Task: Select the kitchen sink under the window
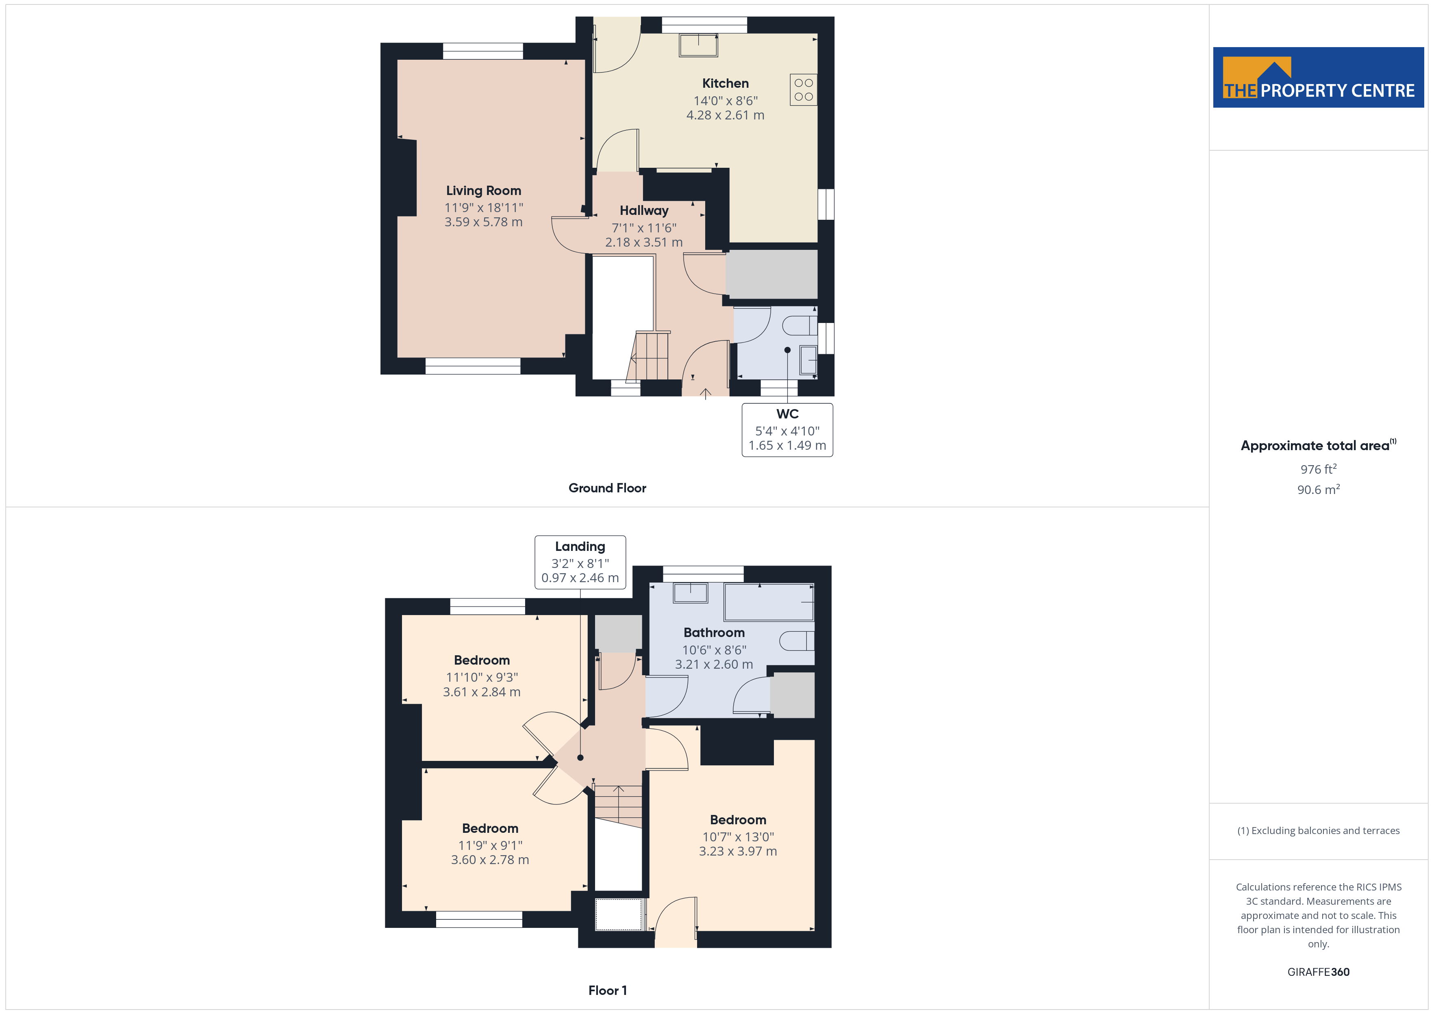point(699,45)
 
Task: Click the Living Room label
point(483,191)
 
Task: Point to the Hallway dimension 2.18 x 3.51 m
point(644,242)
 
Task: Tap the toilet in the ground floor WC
point(800,325)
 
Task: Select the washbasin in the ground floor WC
point(808,360)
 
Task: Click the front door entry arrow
point(706,393)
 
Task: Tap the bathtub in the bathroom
point(769,602)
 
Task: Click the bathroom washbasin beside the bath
point(690,593)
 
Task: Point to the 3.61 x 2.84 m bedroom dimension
point(482,692)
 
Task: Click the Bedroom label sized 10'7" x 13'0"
point(738,820)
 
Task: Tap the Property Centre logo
point(1319,78)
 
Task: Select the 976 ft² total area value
point(1319,469)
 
